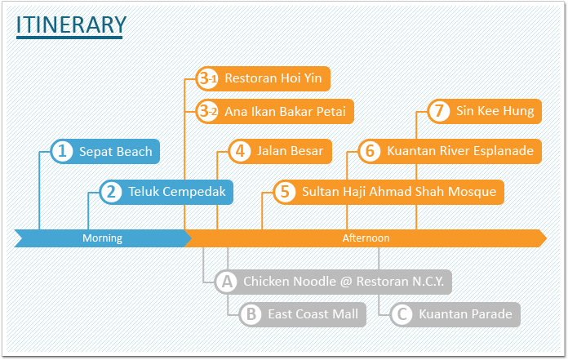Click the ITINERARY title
point(71,24)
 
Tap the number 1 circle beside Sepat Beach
point(62,151)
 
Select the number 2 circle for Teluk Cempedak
point(111,192)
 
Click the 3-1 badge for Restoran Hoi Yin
point(207,78)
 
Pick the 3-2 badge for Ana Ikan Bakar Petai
point(207,111)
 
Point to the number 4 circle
point(240,151)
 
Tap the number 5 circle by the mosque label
point(285,192)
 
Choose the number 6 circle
point(370,151)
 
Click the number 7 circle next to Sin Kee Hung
point(439,111)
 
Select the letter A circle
point(227,282)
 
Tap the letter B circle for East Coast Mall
point(251,314)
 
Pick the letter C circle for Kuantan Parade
point(402,314)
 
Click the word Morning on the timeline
point(102,238)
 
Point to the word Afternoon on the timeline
point(366,238)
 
